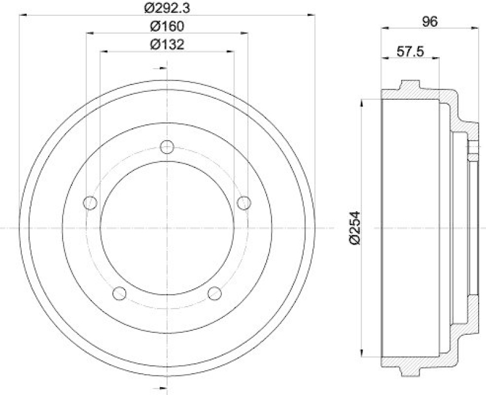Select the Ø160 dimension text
[167, 26]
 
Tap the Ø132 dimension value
[167, 44]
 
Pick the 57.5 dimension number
[410, 52]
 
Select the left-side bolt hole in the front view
[91, 202]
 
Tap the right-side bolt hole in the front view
[244, 202]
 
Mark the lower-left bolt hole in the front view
[120, 293]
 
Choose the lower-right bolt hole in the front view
[214, 293]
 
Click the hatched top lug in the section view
[411, 86]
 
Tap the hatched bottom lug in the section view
[411, 370]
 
